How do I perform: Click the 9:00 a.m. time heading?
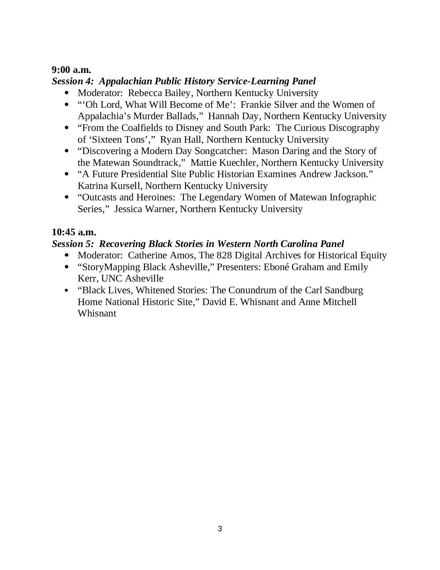[x=71, y=70]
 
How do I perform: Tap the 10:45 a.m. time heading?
[x=74, y=232]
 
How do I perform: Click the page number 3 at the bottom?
[x=220, y=529]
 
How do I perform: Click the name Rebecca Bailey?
[x=159, y=93]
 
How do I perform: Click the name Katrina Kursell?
[x=109, y=186]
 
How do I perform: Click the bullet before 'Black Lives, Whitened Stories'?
[x=67, y=291]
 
